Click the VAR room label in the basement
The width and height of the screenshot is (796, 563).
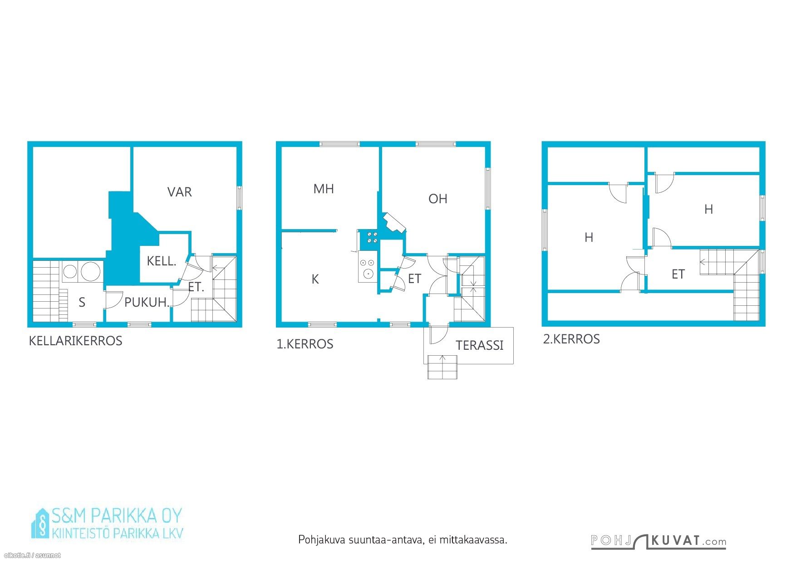[179, 192]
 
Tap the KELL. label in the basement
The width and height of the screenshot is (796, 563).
[161, 261]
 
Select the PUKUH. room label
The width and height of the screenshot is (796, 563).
[147, 302]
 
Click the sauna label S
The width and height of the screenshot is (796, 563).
[82, 302]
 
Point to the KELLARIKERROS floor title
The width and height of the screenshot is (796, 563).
[75, 341]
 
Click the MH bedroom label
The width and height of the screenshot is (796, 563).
[324, 189]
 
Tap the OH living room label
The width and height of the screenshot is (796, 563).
[438, 199]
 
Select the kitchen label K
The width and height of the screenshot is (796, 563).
[315, 279]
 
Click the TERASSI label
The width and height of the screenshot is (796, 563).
[480, 346]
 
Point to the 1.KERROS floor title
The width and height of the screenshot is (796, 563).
[305, 344]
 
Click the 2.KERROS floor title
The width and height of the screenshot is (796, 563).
[571, 339]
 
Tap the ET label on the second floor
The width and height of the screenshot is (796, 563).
[678, 274]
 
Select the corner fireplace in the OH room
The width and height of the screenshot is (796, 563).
[393, 224]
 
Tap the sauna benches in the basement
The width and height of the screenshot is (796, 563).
[50, 291]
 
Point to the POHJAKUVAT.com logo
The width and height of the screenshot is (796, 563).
[658, 541]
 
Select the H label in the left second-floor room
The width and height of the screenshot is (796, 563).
[589, 237]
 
